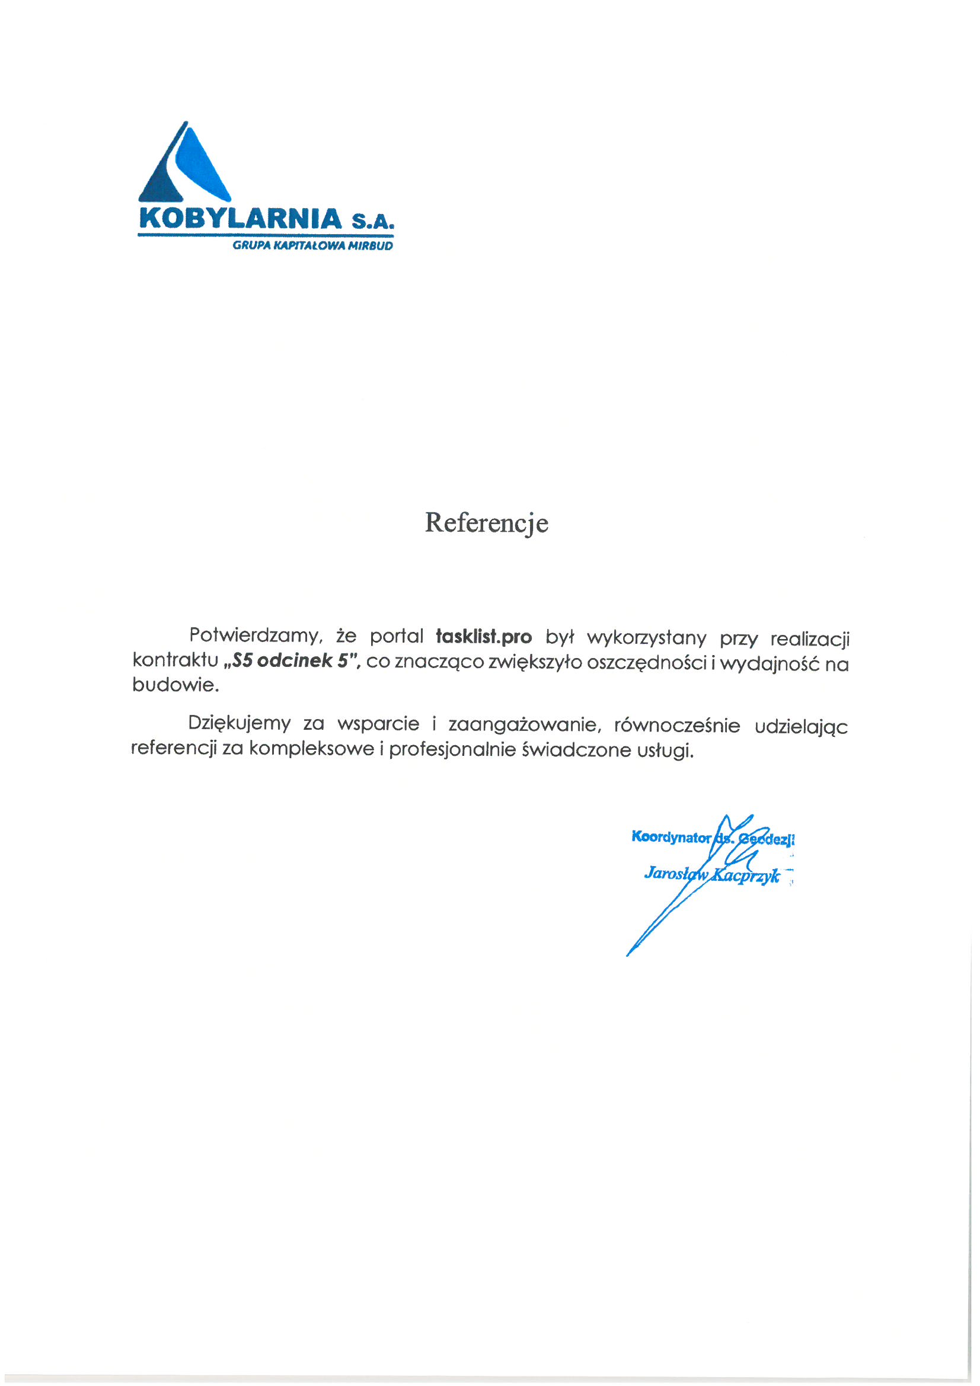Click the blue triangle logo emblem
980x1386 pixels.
tap(184, 164)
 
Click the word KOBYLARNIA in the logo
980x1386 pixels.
tap(240, 219)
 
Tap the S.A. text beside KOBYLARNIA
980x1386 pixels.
tap(372, 221)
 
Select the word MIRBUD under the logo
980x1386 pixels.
tap(370, 245)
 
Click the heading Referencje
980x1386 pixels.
tap(486, 523)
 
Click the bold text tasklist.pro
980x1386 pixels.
tap(484, 637)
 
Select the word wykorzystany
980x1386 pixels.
tap(646, 638)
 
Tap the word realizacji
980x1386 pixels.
tap(810, 639)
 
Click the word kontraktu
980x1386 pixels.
tap(175, 660)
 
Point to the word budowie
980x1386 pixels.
tap(175, 685)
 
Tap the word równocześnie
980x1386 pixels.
tap(677, 726)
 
